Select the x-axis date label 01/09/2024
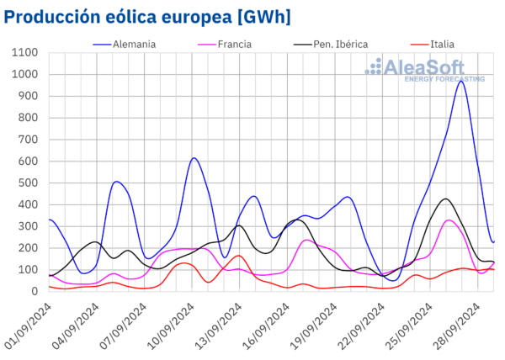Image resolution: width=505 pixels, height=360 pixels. pyautogui.click(x=29, y=324)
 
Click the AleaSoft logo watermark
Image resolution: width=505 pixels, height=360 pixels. pyautogui.click(x=429, y=70)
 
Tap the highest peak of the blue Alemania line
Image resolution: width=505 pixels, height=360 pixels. pyautogui.click(x=460, y=81)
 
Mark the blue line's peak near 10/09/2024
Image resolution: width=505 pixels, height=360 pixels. pyautogui.click(x=194, y=158)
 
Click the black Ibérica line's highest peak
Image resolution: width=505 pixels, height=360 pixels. pyautogui.click(x=445, y=199)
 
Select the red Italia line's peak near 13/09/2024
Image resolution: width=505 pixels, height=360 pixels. pyautogui.click(x=238, y=256)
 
